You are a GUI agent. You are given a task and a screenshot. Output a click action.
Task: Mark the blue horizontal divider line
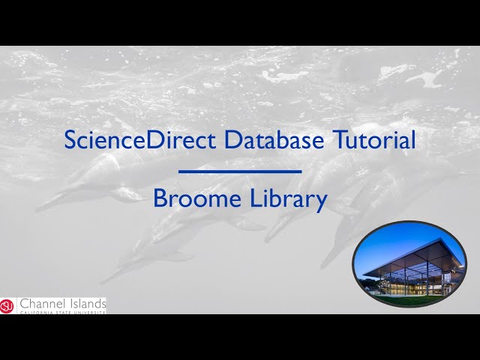[240, 172]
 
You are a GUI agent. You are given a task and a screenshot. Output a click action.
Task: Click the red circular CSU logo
[7, 305]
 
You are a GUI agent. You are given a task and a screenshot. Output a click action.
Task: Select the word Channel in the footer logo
[43, 303]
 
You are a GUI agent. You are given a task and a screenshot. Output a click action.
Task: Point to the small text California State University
[62, 311]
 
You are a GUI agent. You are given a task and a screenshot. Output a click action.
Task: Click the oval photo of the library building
[409, 264]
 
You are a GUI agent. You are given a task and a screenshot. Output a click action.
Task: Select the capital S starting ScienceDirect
[70, 140]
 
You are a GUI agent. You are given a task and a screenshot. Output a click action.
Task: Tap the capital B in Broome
[159, 199]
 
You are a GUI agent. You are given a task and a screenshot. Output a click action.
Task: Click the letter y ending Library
[322, 202]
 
